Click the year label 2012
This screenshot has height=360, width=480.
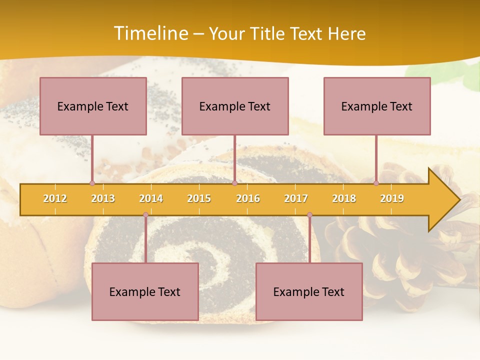coord(55,198)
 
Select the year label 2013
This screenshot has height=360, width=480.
coord(103,198)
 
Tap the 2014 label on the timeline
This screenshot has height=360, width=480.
coord(151,198)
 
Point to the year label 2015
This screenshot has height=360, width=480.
coord(199,198)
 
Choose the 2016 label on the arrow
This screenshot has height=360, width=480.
coord(248,198)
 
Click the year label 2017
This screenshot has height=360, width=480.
coord(296,198)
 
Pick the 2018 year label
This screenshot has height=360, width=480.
coord(344,198)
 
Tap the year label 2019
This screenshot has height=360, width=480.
coord(392,198)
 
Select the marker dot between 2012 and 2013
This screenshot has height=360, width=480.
coord(92,183)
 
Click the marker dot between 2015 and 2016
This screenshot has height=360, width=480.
coord(234,183)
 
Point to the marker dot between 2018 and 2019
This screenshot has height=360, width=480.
coord(376,183)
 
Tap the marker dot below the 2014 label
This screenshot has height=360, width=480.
coord(145,215)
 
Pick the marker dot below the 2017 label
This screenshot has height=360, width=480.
coord(309,215)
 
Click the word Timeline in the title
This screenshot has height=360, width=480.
coord(151,33)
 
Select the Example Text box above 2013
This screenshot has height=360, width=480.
coord(93,106)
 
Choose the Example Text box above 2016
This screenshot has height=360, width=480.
coord(235,106)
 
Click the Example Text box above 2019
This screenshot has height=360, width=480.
coord(377,106)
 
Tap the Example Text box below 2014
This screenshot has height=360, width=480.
coord(145,291)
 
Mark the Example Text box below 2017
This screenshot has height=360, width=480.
coord(309,291)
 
